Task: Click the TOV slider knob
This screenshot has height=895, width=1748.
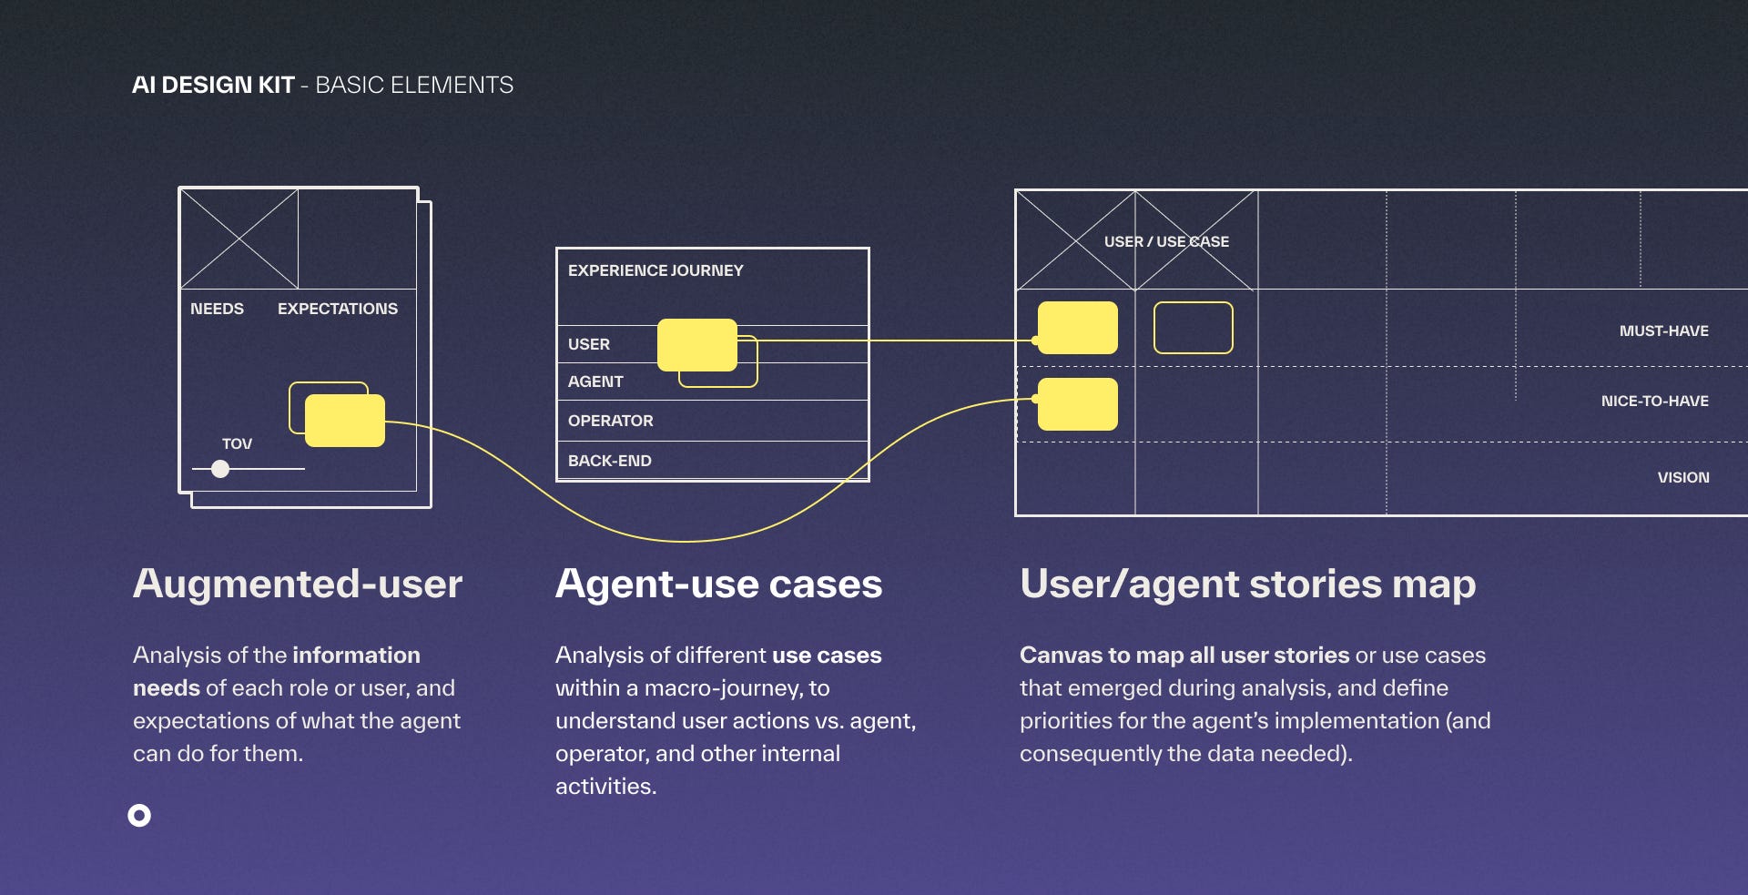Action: point(220,469)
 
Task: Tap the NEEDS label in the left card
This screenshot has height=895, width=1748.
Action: point(217,309)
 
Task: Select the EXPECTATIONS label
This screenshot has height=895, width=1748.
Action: point(337,309)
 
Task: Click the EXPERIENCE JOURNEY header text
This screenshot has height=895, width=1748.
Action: point(655,270)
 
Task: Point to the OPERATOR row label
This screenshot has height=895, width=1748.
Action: point(610,421)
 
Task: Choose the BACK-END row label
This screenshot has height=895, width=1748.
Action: point(609,461)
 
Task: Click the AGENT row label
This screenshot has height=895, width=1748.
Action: point(595,381)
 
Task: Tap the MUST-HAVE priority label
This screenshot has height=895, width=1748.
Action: point(1663,331)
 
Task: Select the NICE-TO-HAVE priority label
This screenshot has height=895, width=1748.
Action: point(1654,401)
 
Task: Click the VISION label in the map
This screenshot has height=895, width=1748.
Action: point(1682,477)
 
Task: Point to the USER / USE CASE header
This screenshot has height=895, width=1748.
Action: point(1166,241)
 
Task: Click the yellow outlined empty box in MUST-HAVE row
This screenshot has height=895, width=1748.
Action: point(1193,328)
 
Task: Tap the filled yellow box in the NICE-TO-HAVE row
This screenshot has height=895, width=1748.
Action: point(1078,404)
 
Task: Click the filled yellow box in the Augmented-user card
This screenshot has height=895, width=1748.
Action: point(345,421)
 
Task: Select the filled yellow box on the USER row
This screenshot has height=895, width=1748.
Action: point(696,344)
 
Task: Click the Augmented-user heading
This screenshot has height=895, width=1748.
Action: point(298,584)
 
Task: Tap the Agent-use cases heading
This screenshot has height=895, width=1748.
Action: point(718,584)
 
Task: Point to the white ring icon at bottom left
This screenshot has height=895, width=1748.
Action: point(139,815)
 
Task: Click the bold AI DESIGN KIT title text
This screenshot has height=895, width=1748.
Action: point(213,85)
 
